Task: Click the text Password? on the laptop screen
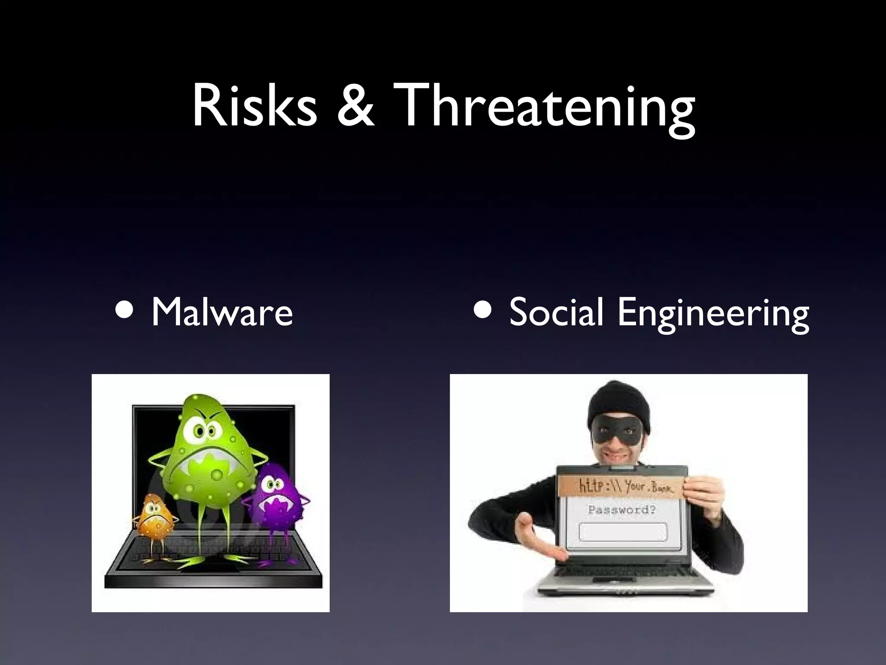622,510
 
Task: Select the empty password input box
623,532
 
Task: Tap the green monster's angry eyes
204,431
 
